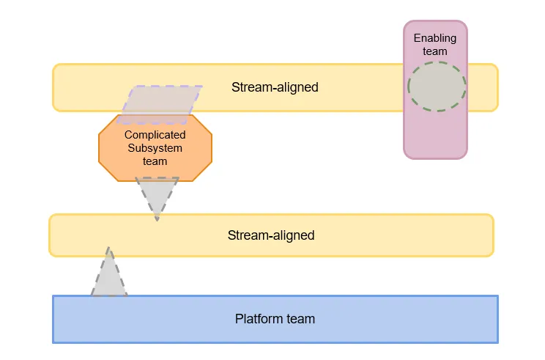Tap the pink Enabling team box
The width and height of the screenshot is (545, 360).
pos(435,136)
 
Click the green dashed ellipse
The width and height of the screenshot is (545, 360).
pos(437,87)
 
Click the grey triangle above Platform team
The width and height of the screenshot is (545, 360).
pos(109,277)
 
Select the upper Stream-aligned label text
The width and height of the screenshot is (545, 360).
pos(275,87)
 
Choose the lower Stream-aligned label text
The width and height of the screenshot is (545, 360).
pos(271,235)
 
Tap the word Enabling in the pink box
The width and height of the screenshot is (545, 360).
pos(435,38)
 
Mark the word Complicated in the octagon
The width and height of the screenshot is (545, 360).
pos(155,135)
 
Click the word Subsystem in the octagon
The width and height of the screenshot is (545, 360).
pos(155,148)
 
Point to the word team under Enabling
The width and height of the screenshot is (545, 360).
pos(435,51)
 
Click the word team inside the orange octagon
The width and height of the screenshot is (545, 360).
pos(155,161)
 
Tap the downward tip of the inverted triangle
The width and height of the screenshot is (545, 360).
pos(157,218)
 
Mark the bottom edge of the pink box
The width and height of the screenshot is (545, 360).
pos(435,158)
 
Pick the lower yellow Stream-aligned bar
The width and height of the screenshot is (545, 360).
pos(366,235)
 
